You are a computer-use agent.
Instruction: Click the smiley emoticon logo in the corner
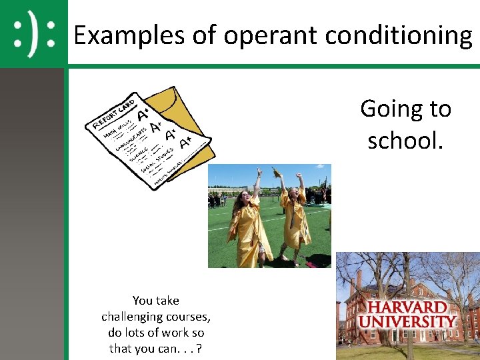point(34,33)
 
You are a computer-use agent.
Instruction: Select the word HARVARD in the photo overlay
point(408,308)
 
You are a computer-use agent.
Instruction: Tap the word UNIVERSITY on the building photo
point(408,321)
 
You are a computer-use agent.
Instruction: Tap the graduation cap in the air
point(276,173)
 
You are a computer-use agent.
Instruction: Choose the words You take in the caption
point(156,300)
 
